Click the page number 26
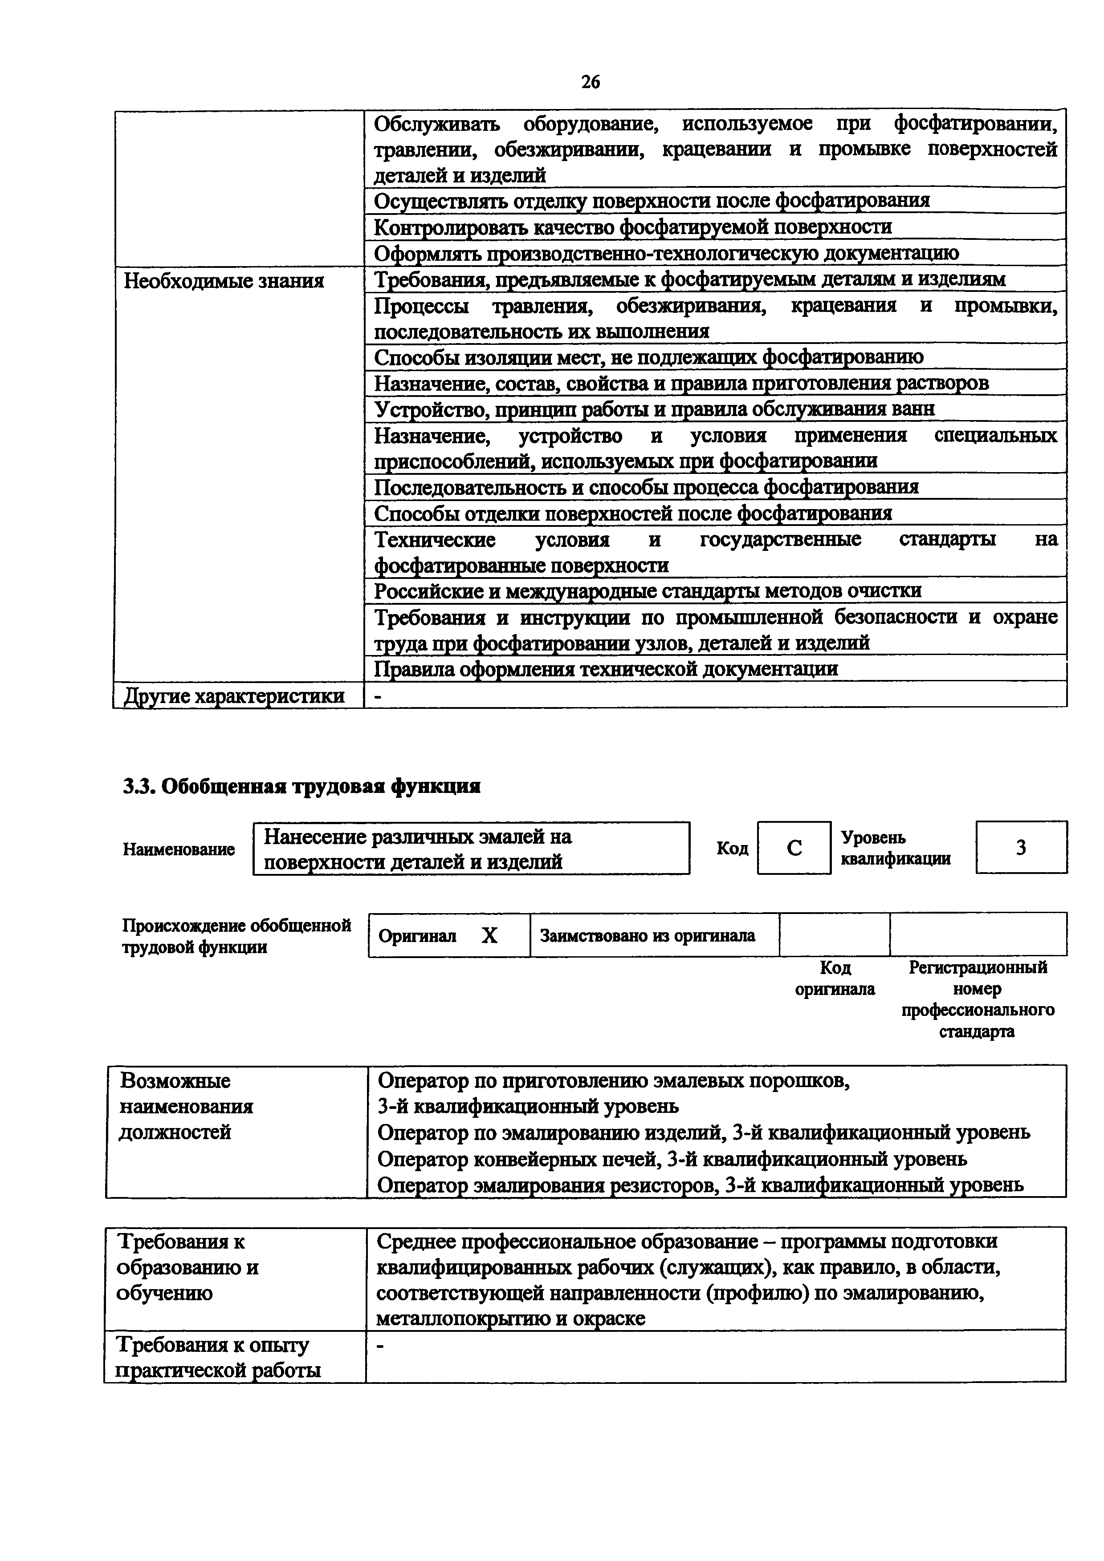coord(591,82)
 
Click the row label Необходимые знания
coord(224,281)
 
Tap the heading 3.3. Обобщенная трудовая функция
coord(301,787)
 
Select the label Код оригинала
coord(835,979)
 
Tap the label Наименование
coord(179,849)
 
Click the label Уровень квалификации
coord(895,848)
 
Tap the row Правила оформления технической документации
coord(605,669)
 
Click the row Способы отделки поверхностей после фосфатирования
coord(632,514)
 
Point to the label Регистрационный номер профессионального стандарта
coord(978,999)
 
